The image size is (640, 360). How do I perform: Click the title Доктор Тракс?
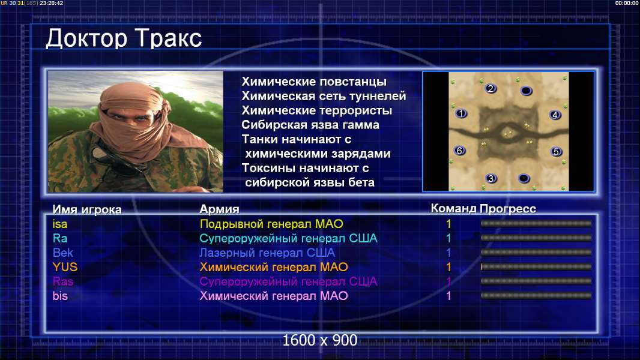point(124,39)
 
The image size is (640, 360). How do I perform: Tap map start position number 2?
point(491,88)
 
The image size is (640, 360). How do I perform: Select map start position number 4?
point(555,115)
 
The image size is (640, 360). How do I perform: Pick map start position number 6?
point(460,151)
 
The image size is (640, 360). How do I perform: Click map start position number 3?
point(491,178)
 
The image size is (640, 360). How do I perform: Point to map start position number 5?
point(556,152)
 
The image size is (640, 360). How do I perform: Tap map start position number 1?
point(461,113)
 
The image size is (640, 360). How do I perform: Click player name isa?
point(60,224)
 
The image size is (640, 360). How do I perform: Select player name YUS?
point(65,267)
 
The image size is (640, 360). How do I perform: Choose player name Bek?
point(63,253)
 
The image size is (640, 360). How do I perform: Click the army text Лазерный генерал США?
point(267,253)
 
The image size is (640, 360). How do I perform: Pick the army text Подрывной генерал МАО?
point(271,224)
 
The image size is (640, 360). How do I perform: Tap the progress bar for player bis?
point(536,296)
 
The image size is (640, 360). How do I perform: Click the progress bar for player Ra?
point(536,238)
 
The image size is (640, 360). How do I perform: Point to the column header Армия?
point(219,209)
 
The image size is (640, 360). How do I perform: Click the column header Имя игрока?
point(87,209)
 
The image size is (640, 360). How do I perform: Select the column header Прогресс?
point(508,209)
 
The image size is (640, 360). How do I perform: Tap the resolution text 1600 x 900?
point(320,340)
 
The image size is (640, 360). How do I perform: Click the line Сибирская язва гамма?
point(310,125)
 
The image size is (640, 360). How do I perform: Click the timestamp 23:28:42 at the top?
point(52,3)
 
